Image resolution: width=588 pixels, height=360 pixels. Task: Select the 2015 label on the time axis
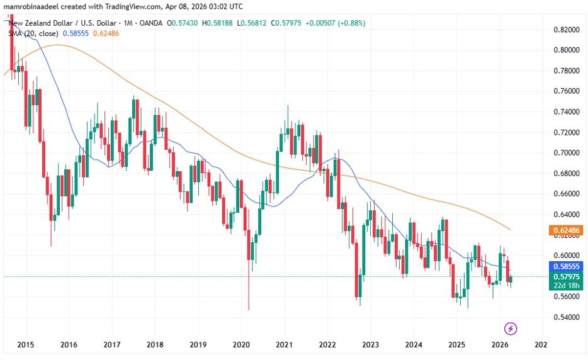point(26,344)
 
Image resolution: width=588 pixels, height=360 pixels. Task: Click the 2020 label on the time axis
point(242,344)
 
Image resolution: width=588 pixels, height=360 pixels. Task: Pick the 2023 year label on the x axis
point(370,344)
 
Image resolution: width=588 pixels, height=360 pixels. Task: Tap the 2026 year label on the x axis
point(499,344)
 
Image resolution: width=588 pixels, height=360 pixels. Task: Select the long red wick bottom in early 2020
point(249,308)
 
